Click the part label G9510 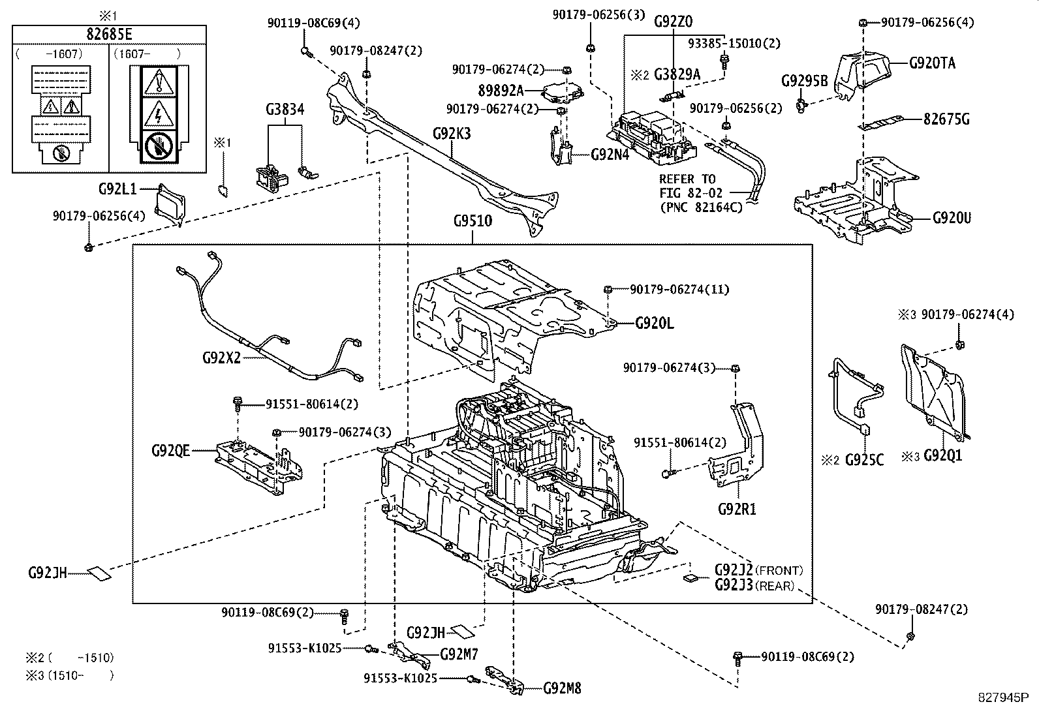click(473, 221)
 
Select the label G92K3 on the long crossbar click(452, 134)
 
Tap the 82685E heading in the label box click(109, 34)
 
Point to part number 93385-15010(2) click(734, 43)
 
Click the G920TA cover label click(932, 63)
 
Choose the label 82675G click(946, 119)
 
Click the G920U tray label click(952, 218)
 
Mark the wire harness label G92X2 click(221, 358)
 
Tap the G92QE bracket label click(171, 450)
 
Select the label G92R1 click(737, 510)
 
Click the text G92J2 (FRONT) click(758, 570)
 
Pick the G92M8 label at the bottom click(562, 688)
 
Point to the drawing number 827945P click(1003, 697)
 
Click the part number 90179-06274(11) click(679, 290)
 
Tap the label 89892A click(501, 91)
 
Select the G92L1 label click(117, 189)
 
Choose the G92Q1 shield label click(942, 455)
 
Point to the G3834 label click(285, 110)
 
